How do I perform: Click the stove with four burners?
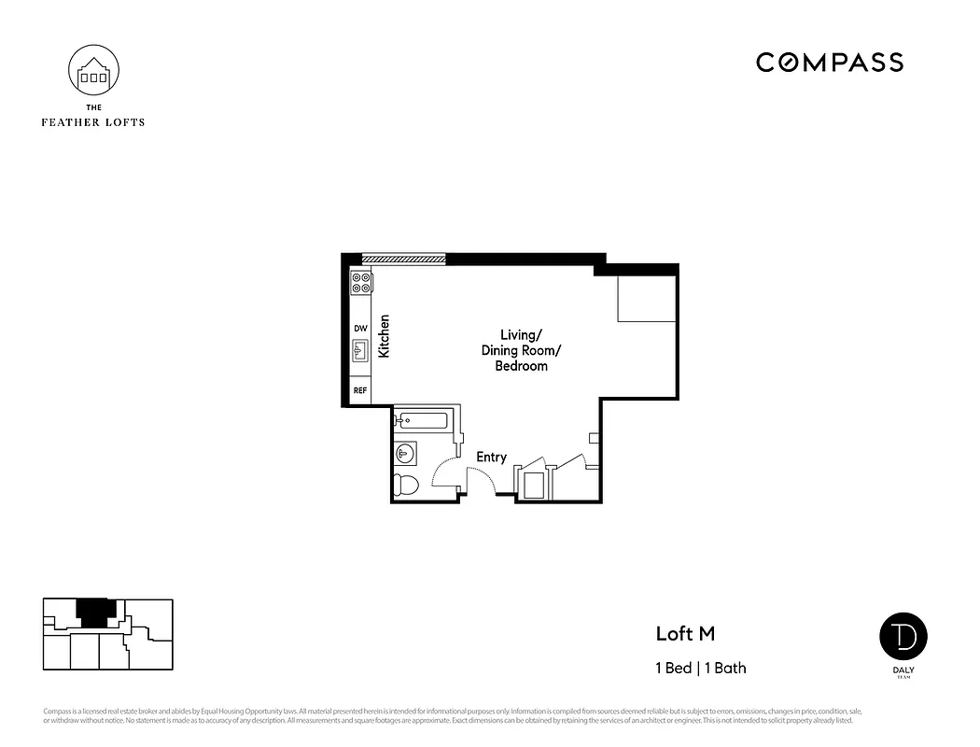click(x=361, y=283)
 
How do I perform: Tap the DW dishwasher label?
click(x=360, y=328)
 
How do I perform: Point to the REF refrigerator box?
click(x=360, y=391)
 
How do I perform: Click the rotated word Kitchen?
click(x=384, y=336)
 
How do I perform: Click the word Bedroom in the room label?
click(x=521, y=366)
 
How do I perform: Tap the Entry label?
click(x=491, y=457)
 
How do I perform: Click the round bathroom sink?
click(x=404, y=454)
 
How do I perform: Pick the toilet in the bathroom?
click(x=405, y=485)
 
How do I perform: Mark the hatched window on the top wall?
click(x=403, y=259)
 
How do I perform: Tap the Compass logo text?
click(x=829, y=63)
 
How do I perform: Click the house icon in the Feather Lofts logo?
click(x=93, y=72)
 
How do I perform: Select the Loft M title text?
click(x=685, y=633)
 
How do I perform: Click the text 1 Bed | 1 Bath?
click(x=700, y=668)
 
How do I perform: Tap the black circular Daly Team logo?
click(x=903, y=636)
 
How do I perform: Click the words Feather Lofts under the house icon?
click(x=93, y=121)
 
